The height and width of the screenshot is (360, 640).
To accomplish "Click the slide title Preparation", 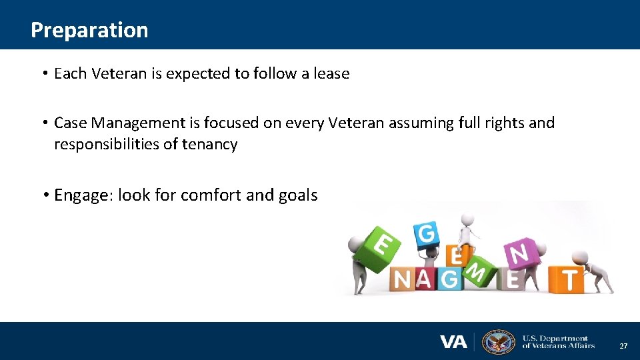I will pos(89,30).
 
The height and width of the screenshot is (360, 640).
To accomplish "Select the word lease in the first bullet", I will pos(331,73).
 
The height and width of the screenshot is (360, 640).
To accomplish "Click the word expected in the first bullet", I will pos(198,74).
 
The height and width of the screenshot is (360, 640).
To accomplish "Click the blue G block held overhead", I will pos(427,234).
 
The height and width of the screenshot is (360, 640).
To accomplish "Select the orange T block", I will pos(567,279).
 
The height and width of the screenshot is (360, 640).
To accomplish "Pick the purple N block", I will pos(519,253).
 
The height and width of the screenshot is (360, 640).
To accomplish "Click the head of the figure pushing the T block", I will pos(579,257).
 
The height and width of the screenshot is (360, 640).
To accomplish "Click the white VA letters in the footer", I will pos(453,342).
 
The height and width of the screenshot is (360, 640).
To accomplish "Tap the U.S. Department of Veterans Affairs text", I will pos(558,342).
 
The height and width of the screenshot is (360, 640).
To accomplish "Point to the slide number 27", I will pos(623,346).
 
